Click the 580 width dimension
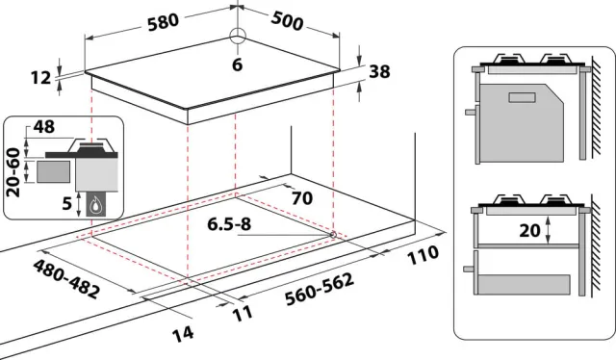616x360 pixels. click(x=163, y=21)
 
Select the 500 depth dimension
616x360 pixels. click(x=287, y=21)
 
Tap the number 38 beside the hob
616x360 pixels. click(x=379, y=71)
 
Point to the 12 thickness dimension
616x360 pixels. click(x=40, y=78)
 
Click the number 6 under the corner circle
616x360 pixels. click(x=238, y=64)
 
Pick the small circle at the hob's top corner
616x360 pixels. click(x=238, y=37)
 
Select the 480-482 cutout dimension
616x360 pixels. click(x=66, y=279)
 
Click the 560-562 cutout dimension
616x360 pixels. click(x=320, y=290)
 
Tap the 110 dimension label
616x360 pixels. click(x=423, y=255)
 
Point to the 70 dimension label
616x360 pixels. click(x=301, y=198)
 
